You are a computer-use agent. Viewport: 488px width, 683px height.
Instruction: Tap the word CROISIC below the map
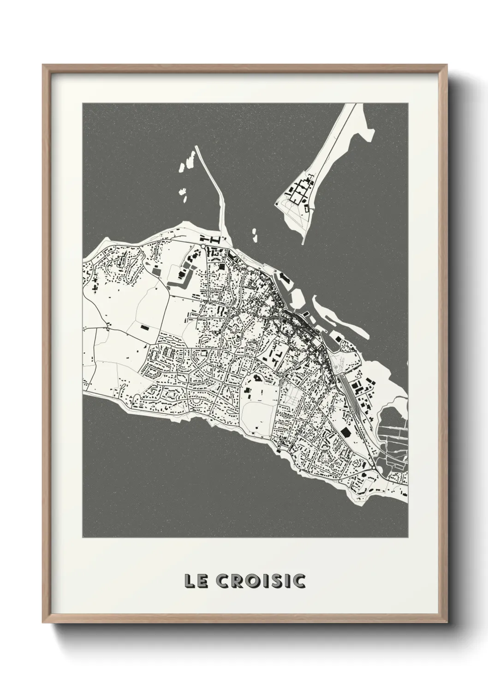click(x=261, y=581)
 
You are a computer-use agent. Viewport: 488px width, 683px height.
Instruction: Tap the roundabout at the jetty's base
click(x=203, y=247)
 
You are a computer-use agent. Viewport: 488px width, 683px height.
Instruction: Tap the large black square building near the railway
click(x=345, y=431)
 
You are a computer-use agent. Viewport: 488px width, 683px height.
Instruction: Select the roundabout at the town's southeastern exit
click(x=372, y=467)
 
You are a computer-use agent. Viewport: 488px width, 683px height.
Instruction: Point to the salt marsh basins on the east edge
click(x=392, y=434)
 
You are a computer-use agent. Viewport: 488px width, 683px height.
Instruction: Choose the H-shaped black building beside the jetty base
click(x=215, y=240)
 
